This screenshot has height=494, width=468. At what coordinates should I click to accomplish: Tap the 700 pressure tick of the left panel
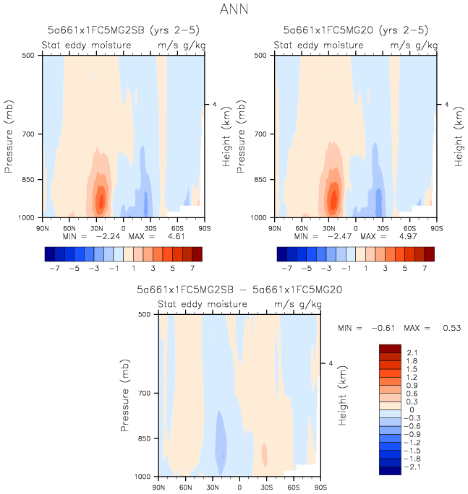pos(30,134)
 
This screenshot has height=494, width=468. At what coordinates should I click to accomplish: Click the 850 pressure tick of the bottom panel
pos(145,438)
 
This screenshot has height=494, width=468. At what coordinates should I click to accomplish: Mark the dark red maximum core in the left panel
pos(101,199)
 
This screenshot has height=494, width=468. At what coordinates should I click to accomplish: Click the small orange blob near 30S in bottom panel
pos(265,455)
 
